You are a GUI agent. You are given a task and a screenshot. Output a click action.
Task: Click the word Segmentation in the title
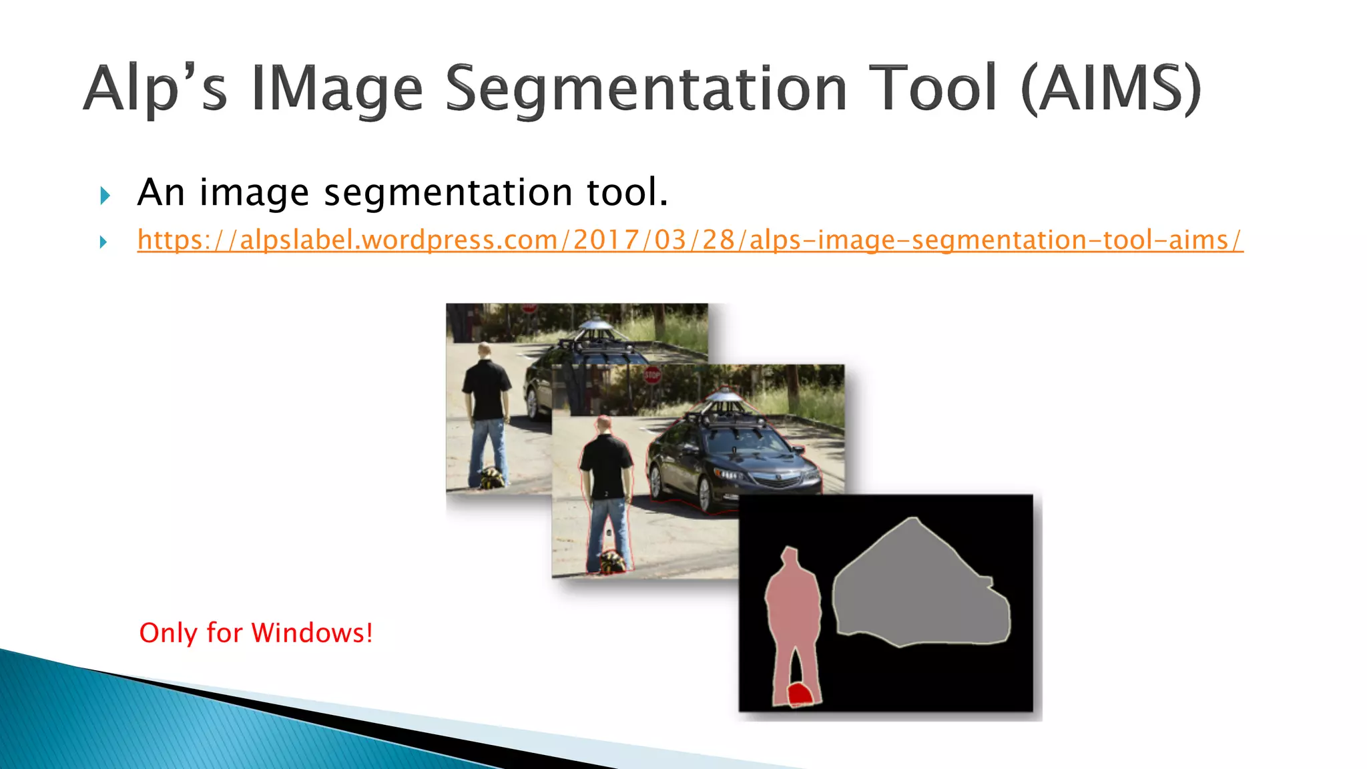[645, 89]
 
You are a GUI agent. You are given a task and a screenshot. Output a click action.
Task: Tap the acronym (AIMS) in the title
[1111, 89]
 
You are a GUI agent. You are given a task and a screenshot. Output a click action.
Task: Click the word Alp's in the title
[155, 89]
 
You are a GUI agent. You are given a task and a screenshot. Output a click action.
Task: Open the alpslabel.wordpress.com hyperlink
[690, 240]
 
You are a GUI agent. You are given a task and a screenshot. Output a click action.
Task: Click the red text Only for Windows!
[256, 633]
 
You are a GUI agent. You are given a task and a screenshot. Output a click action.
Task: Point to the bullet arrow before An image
[105, 195]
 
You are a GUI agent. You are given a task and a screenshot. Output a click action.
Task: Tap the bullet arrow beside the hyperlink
[103, 242]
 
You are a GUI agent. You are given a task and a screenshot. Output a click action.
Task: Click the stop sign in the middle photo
[652, 375]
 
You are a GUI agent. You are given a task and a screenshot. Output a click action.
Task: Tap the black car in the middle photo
[734, 461]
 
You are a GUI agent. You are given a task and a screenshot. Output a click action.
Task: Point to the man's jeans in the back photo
[488, 447]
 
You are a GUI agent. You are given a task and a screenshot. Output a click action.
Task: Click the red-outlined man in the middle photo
[606, 494]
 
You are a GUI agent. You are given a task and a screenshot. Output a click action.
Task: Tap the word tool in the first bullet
[626, 192]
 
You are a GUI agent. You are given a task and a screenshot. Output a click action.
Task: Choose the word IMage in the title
[337, 89]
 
